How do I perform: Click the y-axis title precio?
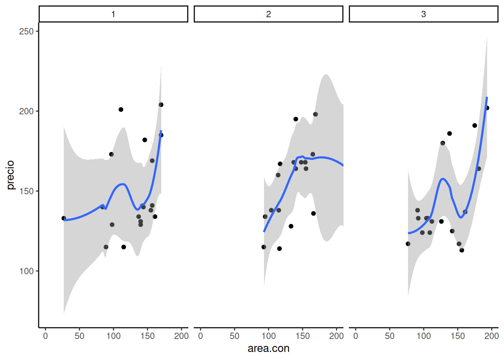click(10, 175)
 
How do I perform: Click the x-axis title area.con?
click(268, 348)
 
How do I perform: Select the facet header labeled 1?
click(113, 14)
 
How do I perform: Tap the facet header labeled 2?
click(268, 14)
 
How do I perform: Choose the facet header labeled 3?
click(423, 14)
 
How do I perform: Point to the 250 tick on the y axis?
click(26, 31)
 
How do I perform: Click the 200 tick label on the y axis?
click(26, 111)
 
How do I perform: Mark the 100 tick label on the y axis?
click(26, 271)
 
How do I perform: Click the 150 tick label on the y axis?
click(26, 191)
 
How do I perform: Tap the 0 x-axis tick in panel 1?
click(45, 336)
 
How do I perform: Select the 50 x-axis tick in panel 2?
click(234, 336)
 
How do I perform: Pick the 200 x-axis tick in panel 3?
click(491, 336)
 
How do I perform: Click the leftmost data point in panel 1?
click(64, 218)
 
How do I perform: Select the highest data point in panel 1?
click(161, 105)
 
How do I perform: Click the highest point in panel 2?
click(315, 114)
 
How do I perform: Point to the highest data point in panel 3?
click(487, 108)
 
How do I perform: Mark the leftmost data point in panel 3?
click(408, 244)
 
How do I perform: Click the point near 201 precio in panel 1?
click(121, 109)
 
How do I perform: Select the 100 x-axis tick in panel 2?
click(268, 336)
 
